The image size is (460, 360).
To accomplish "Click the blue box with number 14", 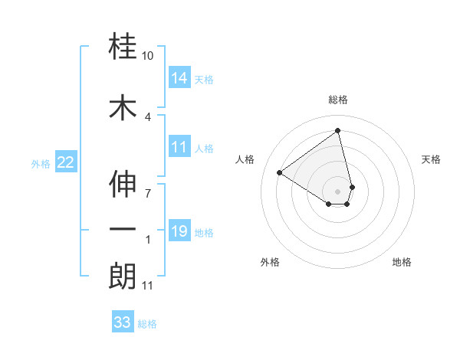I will click(x=179, y=78).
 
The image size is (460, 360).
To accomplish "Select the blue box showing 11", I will click(x=179, y=147).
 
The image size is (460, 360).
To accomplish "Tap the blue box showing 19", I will click(x=179, y=231).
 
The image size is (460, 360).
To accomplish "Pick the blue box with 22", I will click(x=66, y=162).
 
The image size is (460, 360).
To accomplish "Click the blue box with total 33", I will click(x=122, y=322).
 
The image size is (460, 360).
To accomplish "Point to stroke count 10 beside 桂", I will click(x=148, y=57).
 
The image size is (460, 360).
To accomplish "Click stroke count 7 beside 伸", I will click(x=148, y=192).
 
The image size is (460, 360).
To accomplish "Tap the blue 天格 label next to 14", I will click(x=204, y=80).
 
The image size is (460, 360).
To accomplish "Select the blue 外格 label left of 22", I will click(x=41, y=163).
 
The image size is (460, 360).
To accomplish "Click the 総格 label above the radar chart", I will click(x=338, y=100).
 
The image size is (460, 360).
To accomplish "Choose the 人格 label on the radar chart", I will click(x=245, y=159).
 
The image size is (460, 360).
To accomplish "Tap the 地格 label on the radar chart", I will click(x=402, y=262).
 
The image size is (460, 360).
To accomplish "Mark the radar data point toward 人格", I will click(x=280, y=173).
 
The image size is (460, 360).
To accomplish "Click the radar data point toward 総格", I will click(x=338, y=130).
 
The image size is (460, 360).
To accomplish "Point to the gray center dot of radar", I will click(x=338, y=191).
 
